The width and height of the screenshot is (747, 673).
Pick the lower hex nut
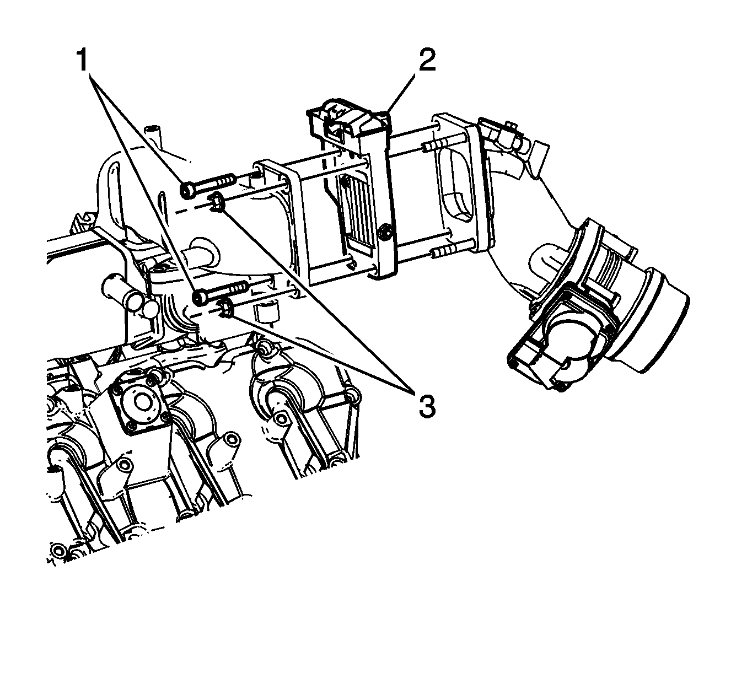(226, 308)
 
